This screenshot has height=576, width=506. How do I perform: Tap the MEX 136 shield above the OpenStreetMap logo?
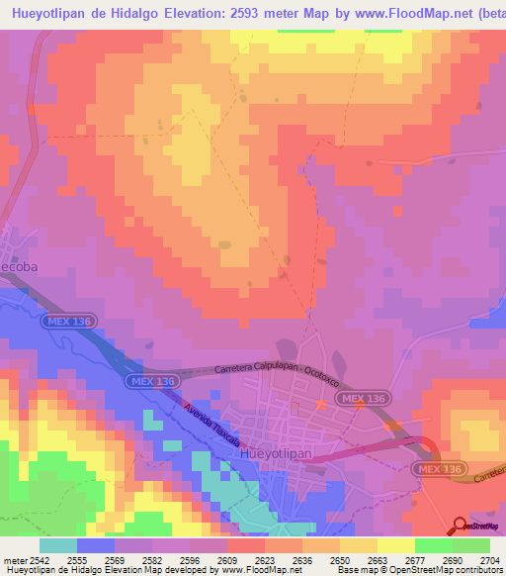pos(440,467)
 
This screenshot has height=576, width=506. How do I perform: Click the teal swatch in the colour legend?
pos(58,545)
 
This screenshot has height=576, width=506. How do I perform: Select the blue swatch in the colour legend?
pos(96,545)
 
